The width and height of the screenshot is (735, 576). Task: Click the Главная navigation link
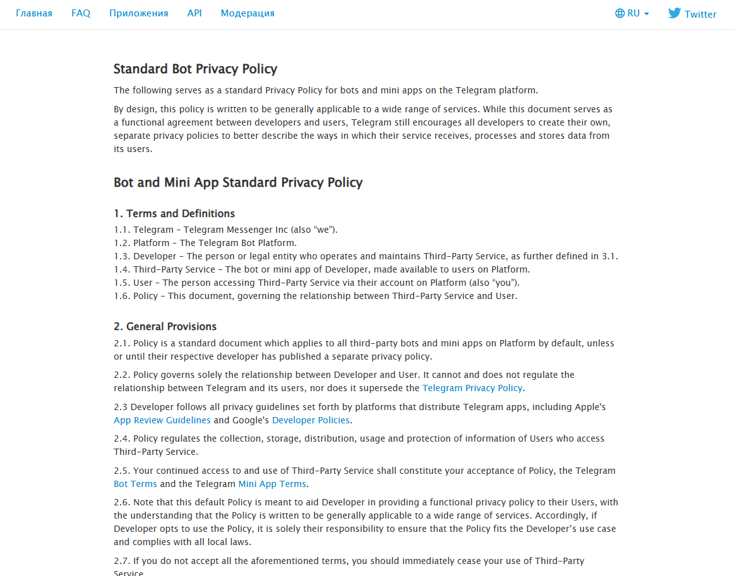tap(34, 13)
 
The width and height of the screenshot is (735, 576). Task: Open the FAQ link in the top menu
tap(81, 13)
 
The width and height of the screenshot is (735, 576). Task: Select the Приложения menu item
tap(138, 13)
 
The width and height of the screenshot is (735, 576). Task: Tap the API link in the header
tap(194, 13)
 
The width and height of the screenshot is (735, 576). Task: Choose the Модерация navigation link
tap(248, 13)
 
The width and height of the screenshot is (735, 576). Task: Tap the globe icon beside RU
tap(619, 13)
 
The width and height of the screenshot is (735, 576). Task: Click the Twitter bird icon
tap(674, 13)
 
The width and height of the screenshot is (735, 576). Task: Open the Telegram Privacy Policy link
tap(472, 388)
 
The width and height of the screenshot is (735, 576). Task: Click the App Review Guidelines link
tap(162, 420)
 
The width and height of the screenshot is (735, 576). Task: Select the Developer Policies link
tap(311, 420)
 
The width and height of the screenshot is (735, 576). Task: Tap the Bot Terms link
tap(135, 484)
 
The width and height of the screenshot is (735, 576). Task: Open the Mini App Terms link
tap(272, 484)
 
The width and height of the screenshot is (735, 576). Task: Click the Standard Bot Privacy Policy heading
tap(195, 69)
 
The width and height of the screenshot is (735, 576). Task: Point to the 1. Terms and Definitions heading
tap(174, 213)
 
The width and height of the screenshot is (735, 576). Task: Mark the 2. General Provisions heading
tap(165, 326)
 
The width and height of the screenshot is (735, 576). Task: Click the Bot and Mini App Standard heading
tap(238, 182)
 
